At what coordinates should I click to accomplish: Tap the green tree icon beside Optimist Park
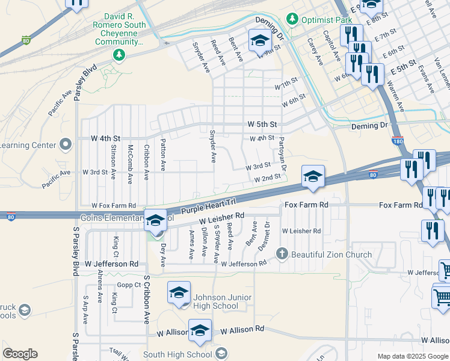(292, 19)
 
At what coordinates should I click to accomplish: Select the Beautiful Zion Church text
(331, 255)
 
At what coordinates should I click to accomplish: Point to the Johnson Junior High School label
(218, 301)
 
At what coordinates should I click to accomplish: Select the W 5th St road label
(262, 125)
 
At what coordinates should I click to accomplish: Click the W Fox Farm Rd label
(114, 205)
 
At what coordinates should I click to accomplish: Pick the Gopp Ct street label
(129, 285)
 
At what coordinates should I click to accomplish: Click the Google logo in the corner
(20, 354)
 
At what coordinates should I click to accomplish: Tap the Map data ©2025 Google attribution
(412, 356)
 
